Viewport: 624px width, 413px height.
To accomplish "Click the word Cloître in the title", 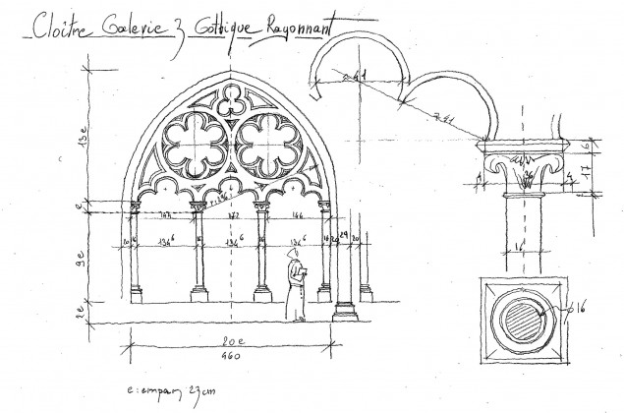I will pos(60,28).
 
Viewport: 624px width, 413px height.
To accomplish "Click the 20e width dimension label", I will pos(228,340).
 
